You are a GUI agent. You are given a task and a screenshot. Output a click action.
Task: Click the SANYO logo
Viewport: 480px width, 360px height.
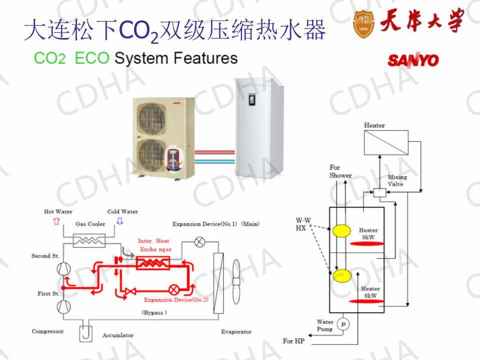tap(413, 60)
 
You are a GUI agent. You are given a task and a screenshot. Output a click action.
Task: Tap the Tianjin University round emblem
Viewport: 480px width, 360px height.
tap(363, 23)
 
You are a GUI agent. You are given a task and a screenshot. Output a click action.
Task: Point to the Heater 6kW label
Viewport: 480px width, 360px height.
tap(370, 292)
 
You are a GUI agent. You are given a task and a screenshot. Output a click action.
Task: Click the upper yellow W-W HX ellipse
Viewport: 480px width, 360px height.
tap(341, 231)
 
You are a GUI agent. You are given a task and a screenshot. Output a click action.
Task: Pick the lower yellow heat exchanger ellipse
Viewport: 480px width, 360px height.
tap(341, 275)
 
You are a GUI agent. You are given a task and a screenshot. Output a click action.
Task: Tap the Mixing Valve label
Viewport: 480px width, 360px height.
tap(397, 180)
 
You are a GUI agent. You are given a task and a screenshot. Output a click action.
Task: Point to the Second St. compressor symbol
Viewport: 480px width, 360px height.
tap(63, 268)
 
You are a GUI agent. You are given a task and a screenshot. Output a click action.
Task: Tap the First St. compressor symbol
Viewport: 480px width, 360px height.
tap(63, 306)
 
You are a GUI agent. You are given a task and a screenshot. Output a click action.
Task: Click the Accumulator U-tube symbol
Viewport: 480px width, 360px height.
tap(85, 332)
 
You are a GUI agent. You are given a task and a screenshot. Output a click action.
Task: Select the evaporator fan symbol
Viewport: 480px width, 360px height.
tap(236, 281)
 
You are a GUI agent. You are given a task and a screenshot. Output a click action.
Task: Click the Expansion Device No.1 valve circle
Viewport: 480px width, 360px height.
tap(199, 242)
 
